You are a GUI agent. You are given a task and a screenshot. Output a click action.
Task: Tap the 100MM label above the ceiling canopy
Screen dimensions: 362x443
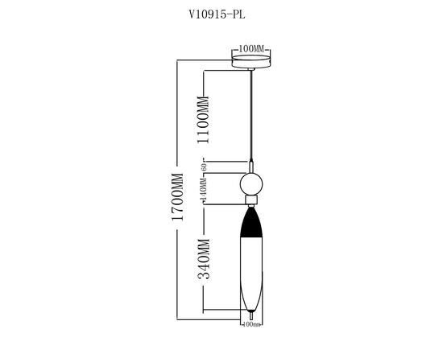[253, 48]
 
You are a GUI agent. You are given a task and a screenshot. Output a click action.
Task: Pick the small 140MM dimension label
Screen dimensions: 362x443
[204, 191]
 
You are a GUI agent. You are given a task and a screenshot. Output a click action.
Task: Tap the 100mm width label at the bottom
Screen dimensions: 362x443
[252, 326]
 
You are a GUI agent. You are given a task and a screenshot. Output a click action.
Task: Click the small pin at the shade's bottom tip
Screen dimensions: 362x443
[253, 318]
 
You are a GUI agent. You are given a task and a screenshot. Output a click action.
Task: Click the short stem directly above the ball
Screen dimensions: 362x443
[253, 165]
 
